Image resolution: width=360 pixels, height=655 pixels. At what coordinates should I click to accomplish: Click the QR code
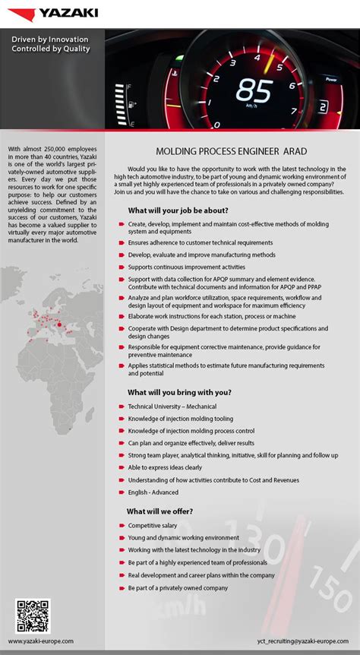(x=33, y=616)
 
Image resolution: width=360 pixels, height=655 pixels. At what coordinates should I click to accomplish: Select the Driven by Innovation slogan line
(x=50, y=39)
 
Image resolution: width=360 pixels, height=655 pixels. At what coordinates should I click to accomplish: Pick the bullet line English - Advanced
(x=153, y=492)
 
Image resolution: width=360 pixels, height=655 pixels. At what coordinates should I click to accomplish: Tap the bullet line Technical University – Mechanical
(x=172, y=407)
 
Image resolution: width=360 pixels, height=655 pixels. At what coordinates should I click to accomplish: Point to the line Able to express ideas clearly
(x=165, y=467)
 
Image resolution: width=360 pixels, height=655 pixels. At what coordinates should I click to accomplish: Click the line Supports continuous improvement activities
(x=187, y=267)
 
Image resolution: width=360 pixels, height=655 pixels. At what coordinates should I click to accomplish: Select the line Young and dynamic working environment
(x=184, y=537)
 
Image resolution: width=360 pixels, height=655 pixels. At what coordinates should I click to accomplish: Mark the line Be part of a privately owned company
(x=178, y=587)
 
